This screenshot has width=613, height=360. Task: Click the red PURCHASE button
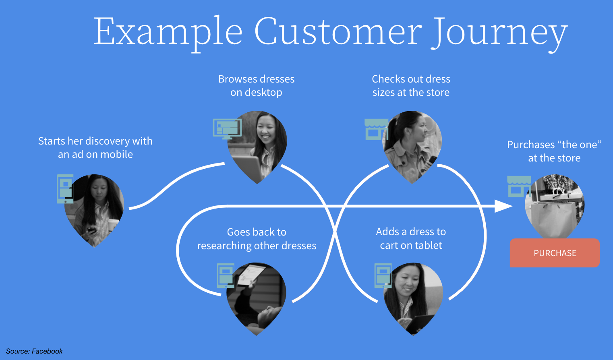point(555,253)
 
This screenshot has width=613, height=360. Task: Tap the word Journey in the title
point(499,32)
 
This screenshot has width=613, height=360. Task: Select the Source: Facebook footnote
point(34,351)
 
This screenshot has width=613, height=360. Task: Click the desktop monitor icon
point(227,128)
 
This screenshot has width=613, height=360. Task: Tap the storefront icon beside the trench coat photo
point(375,129)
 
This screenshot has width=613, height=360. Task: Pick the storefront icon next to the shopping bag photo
point(518,186)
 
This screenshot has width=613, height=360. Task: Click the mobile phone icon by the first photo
point(65,188)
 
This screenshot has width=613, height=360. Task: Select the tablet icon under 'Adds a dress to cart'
point(383,275)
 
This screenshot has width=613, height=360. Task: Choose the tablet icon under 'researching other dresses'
point(226,275)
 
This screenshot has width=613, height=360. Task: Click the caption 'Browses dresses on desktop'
point(257,85)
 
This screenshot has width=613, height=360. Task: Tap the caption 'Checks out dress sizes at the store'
point(411,85)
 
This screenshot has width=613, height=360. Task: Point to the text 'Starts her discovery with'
point(95,141)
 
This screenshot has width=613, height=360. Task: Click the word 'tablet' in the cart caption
point(428,245)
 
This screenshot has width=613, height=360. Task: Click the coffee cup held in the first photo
point(113,224)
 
